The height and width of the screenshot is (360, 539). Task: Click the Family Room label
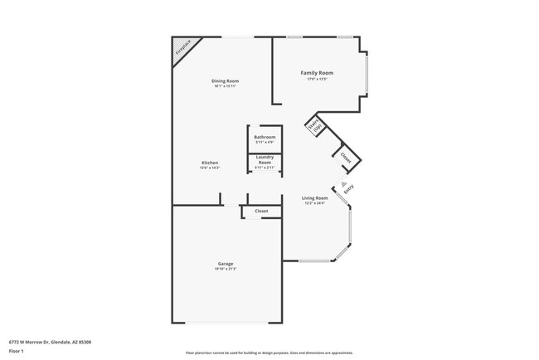coord(317,73)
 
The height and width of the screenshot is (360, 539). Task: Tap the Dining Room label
coord(225,80)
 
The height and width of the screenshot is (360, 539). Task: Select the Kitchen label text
coord(210,162)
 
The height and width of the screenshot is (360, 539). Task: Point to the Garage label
coord(226,263)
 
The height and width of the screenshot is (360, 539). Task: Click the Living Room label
coord(315,197)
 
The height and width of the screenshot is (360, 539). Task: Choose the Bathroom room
coord(265,139)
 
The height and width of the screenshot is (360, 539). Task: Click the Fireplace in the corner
coord(182,49)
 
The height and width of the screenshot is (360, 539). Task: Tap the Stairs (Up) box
coord(314,128)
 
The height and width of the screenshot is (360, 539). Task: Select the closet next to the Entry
coord(346,156)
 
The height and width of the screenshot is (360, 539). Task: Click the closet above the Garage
coord(261,212)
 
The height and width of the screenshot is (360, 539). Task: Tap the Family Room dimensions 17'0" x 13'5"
coord(317,80)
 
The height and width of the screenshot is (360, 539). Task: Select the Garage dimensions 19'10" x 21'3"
coord(226,269)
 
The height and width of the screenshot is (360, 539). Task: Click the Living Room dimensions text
coord(315,203)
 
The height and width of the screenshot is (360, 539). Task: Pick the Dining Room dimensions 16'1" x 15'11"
coord(225,86)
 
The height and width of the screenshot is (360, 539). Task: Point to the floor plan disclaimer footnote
coord(269,352)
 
